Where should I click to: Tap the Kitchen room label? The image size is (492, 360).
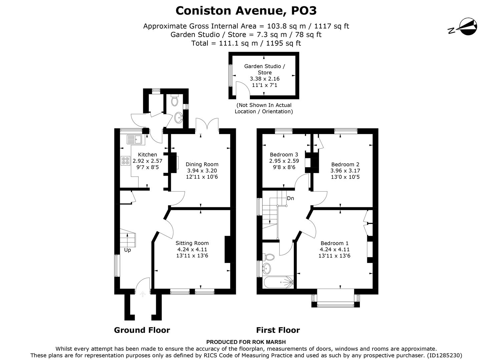tap(147, 155)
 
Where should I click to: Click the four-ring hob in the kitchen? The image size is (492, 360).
tap(126, 161)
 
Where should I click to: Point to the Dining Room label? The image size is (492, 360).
tap(202, 164)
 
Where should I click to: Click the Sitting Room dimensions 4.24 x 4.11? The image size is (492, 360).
tap(192, 249)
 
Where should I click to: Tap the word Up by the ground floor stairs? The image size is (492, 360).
tap(127, 250)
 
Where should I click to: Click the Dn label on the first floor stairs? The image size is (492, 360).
tap(290, 198)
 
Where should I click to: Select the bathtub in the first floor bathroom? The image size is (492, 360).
tap(278, 282)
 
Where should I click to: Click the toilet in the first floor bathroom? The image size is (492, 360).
tap(269, 257)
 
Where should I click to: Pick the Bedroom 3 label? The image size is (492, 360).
tap(284, 155)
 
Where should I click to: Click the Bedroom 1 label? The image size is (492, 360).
tap(335, 243)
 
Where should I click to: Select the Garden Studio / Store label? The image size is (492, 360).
tap(265, 69)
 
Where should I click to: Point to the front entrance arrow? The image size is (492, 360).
tap(143, 294)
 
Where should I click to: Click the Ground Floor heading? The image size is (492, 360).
tap(142, 330)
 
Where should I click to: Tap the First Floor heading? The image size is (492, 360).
tap(278, 330)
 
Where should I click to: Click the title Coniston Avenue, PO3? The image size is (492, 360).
tap(246, 11)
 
